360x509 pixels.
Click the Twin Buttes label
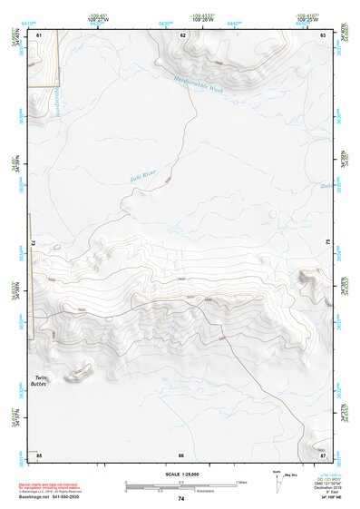point(42,380)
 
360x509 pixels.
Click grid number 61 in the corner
point(39,34)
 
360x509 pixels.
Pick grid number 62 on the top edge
point(182,34)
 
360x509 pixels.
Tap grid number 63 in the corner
point(323,34)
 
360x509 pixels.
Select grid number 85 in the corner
point(39,455)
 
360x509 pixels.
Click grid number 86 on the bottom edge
point(181,455)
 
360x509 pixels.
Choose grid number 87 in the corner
point(323,455)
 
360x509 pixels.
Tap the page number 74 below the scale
point(180,499)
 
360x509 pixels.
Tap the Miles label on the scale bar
point(240,480)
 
